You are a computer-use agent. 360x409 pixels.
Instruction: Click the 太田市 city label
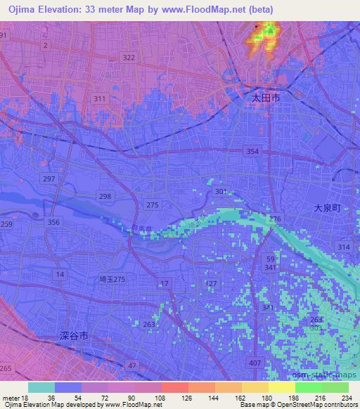(x=266, y=100)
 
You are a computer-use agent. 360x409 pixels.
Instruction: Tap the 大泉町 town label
(x=327, y=209)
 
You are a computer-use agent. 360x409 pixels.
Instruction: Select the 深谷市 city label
(x=74, y=337)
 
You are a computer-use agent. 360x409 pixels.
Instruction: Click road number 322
(x=128, y=58)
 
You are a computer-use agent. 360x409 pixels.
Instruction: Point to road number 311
(x=100, y=98)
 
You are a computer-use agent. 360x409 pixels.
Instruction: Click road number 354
(x=252, y=152)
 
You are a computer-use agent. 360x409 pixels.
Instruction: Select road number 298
(x=104, y=197)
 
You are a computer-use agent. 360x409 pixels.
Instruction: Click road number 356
(x=53, y=222)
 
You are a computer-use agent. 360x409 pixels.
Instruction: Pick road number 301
(x=221, y=191)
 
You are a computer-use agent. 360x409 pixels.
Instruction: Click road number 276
(x=275, y=219)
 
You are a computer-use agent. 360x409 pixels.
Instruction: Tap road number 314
(x=344, y=247)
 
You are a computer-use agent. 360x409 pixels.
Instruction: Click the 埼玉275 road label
(x=112, y=279)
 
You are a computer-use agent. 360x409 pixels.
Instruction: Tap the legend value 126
(x=167, y=398)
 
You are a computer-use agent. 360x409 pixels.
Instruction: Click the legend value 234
(x=345, y=398)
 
